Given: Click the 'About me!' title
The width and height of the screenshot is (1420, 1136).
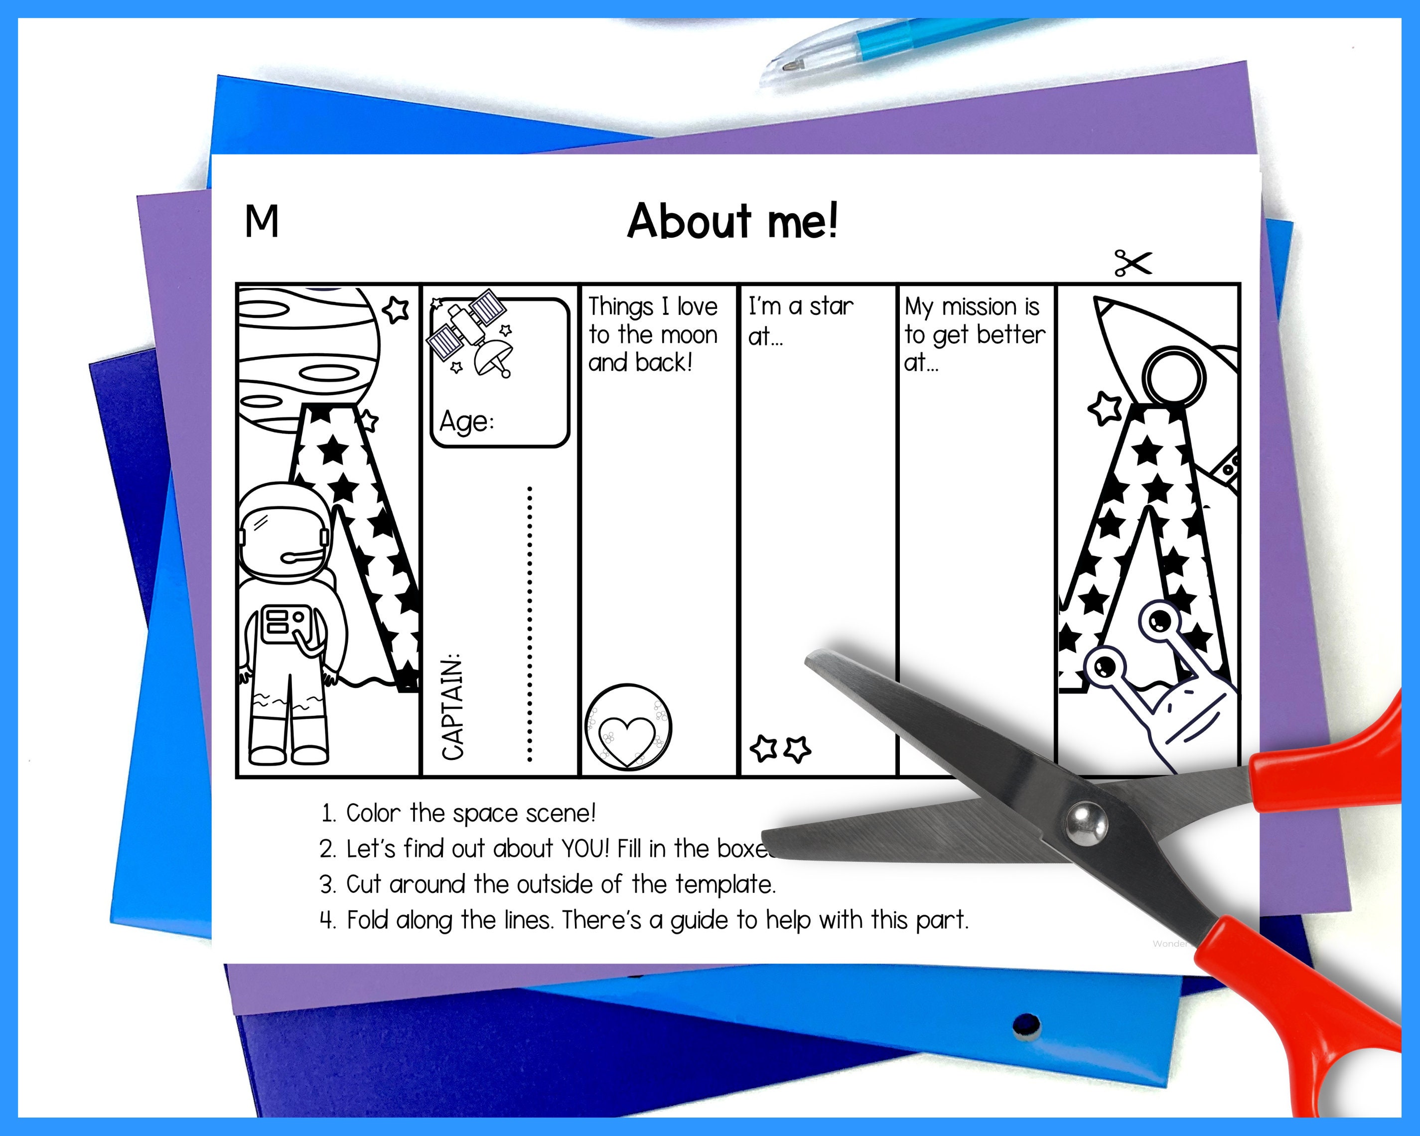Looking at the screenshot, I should [732, 221].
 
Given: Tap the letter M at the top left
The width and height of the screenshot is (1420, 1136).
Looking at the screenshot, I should [262, 221].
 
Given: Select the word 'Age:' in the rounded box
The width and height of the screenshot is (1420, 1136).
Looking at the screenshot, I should [466, 422].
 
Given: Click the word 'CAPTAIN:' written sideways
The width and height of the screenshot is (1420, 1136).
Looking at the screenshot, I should [453, 707].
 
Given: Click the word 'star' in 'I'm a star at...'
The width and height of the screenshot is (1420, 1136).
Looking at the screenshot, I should [831, 307].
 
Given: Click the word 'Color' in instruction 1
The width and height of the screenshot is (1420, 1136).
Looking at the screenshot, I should [373, 813].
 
